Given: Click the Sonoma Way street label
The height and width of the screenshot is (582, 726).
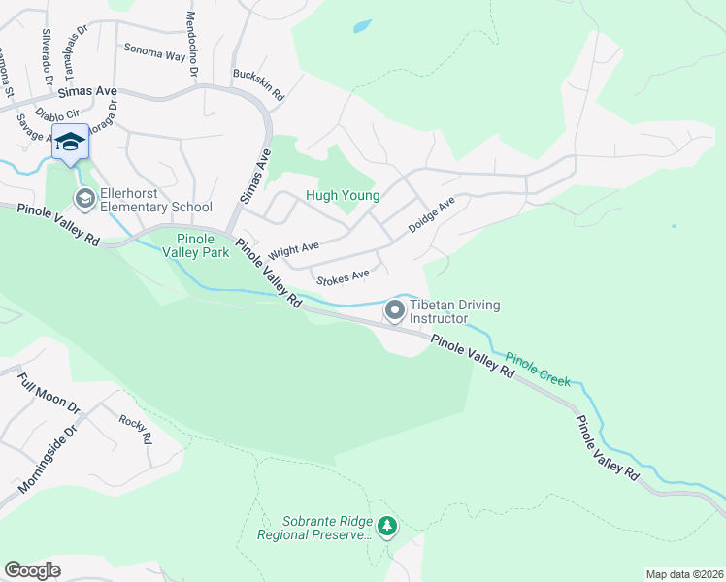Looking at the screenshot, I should point(153,52).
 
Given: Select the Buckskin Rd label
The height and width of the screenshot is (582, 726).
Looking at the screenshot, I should point(257,85).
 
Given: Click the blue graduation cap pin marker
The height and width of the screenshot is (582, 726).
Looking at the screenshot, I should point(70,143).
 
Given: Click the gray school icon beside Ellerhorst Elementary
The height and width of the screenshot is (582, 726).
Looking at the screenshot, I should point(84,199).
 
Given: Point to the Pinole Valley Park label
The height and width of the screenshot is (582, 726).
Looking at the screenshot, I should point(202,246).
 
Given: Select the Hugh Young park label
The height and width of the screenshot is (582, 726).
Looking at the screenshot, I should point(336,195).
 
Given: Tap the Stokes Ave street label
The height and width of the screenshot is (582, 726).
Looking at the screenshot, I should point(344,277).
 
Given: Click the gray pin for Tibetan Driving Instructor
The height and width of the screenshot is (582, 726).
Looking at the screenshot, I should point(395,310).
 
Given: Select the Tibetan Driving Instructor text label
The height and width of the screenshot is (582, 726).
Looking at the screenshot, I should point(455,311).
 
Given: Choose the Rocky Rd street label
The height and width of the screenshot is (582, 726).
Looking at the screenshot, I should point(136,429).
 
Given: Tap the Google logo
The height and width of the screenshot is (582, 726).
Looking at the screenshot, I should point(33,570).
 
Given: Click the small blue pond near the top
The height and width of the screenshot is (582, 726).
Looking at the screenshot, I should point(362,26).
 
